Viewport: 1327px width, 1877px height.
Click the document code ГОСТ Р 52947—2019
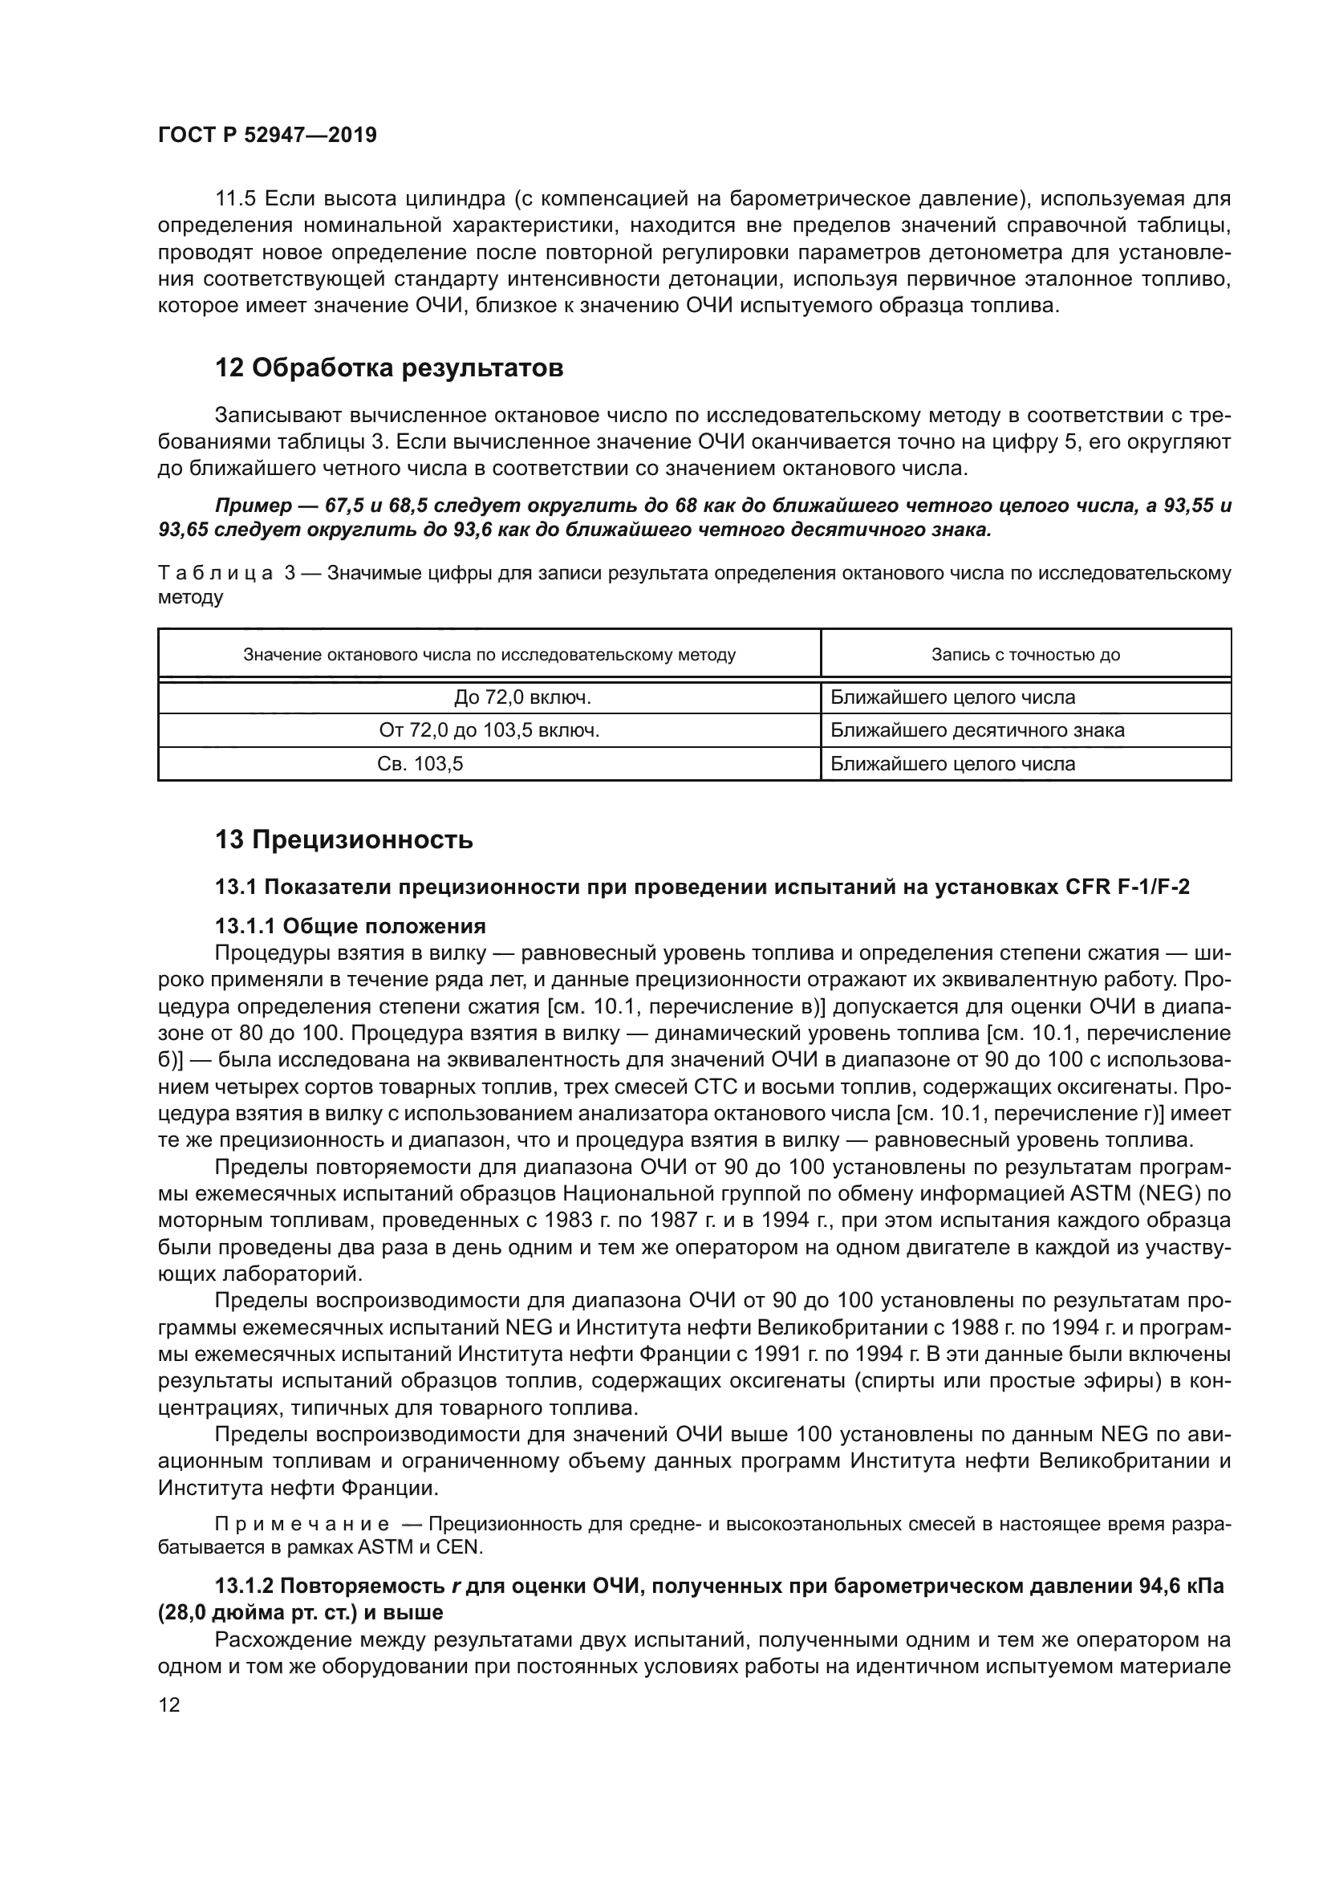coord(267,136)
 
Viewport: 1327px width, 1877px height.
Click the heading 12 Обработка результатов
coord(389,368)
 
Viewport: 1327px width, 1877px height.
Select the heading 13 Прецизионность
coord(344,839)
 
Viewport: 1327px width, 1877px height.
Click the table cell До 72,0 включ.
coord(523,697)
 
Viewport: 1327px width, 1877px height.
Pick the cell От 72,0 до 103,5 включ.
coord(489,730)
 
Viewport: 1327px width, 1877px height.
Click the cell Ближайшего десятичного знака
coord(977,730)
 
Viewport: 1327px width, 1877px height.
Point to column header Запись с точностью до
coord(1025,655)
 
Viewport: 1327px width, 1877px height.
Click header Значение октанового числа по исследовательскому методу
coord(489,655)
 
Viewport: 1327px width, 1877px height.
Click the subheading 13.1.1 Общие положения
coord(351,926)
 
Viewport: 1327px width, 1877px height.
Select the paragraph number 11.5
coord(236,199)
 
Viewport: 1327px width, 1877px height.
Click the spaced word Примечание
coord(302,1525)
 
